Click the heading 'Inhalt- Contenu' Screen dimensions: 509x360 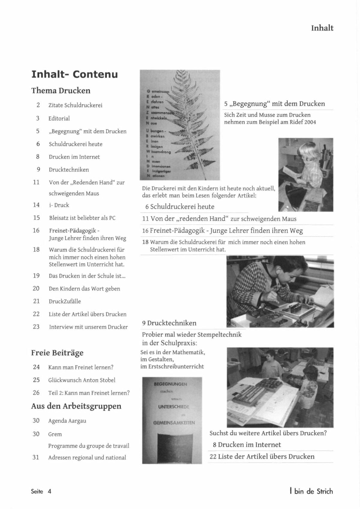74,74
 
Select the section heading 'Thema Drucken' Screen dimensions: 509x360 61,91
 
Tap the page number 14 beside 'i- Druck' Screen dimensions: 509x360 36,205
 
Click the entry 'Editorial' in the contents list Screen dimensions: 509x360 59,118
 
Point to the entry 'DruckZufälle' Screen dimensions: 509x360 65,301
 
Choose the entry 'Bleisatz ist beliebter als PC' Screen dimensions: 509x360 82,218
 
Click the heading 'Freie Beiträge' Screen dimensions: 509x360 57,353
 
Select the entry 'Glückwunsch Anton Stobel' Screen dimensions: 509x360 82,380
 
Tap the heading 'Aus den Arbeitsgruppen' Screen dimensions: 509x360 76,406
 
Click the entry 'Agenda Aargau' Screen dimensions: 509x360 67,421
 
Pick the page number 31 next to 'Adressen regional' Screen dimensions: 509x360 36,457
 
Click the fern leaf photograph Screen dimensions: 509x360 180,125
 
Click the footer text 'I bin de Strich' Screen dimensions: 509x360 311,491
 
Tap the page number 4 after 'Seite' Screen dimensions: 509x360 49,491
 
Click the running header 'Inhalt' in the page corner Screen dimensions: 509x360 322,28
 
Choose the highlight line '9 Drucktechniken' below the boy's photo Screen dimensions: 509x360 169,323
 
